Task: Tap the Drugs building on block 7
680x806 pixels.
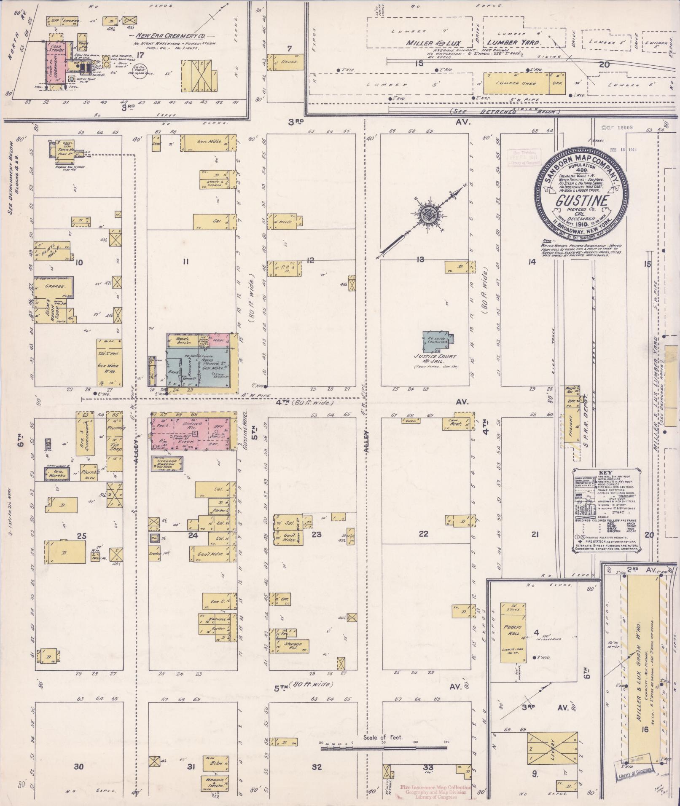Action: (x=285, y=62)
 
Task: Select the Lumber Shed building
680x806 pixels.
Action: (x=516, y=83)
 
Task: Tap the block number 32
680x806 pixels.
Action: (x=316, y=766)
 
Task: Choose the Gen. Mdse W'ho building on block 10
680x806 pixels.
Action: (x=108, y=363)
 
